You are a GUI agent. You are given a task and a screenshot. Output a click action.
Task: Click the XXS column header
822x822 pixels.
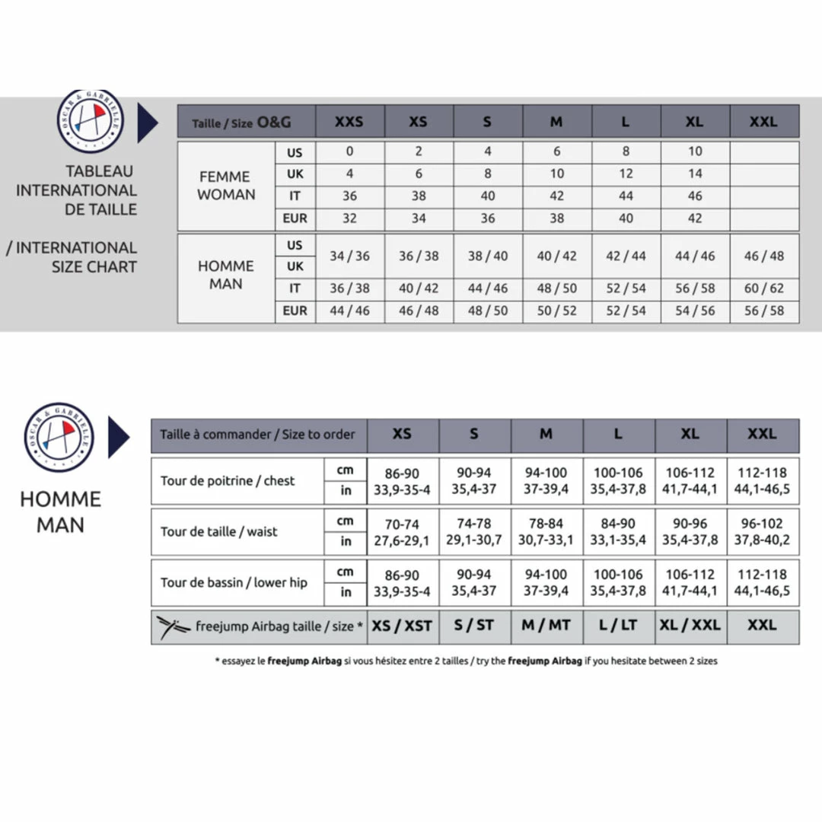tap(349, 122)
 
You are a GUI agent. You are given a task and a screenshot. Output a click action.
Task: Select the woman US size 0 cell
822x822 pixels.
tap(349, 151)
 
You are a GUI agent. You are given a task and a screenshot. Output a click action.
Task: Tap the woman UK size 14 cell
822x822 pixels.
tap(695, 174)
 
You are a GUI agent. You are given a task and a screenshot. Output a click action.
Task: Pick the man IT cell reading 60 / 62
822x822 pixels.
tap(763, 288)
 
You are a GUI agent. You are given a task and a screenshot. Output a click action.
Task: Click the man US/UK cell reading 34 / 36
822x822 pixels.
tap(349, 256)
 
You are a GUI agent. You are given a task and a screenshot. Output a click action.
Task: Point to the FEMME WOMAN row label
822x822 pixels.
tap(226, 186)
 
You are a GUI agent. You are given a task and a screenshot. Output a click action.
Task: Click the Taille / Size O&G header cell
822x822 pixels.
tap(242, 122)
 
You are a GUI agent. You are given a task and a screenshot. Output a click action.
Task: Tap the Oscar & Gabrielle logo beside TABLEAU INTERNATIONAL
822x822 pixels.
tap(91, 121)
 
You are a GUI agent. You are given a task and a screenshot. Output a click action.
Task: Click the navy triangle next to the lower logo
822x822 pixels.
tap(119, 437)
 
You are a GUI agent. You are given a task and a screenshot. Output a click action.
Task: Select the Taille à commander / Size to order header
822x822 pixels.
tap(258, 435)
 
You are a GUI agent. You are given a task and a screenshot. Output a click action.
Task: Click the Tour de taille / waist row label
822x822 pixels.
tap(219, 531)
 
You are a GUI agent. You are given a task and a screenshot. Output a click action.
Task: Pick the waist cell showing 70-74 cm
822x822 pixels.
tap(402, 524)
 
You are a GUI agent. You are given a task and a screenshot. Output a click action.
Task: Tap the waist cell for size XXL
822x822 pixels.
tap(762, 531)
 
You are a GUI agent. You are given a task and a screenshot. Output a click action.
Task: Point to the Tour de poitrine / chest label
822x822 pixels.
tap(228, 481)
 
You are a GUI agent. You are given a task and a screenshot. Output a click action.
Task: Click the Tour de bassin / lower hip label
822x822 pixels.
tap(234, 582)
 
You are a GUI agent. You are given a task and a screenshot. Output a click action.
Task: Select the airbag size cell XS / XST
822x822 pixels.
tap(402, 626)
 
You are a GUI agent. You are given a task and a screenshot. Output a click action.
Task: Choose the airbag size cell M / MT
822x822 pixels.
tap(546, 626)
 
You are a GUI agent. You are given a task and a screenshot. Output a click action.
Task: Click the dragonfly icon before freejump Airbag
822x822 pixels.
tap(174, 626)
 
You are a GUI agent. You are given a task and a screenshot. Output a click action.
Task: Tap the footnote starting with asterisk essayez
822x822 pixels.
tap(466, 661)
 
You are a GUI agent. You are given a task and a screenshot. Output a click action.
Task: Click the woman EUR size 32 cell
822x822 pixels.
tap(349, 218)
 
